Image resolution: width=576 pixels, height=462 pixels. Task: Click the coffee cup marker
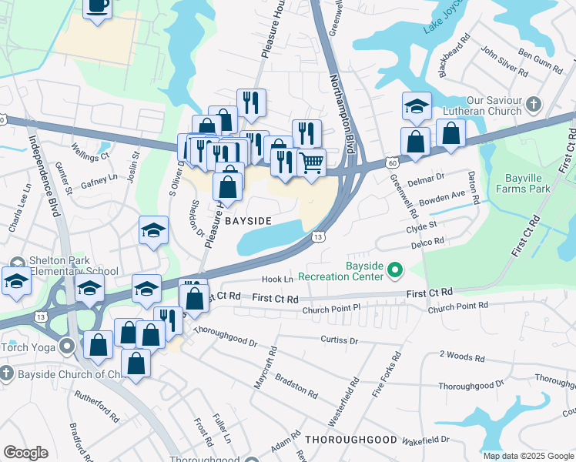coord(97,7)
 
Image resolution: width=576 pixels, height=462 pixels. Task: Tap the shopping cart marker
coord(311,162)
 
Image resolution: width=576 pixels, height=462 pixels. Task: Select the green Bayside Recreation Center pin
coord(396,269)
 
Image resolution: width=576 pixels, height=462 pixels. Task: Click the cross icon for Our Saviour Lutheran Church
coord(533,103)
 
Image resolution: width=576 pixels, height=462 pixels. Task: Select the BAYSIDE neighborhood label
coord(249,221)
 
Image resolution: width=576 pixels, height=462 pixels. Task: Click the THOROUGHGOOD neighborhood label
coord(350,440)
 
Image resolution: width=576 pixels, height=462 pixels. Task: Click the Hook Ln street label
coord(278,280)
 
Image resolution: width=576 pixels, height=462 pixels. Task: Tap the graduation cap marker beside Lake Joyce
coord(416,106)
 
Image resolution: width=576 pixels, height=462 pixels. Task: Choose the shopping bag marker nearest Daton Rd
coord(450,132)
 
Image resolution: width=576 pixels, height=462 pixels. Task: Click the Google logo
coord(26,453)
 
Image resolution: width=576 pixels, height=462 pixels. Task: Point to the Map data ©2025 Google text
coord(527,456)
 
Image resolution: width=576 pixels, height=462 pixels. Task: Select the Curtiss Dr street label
coord(340,340)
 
